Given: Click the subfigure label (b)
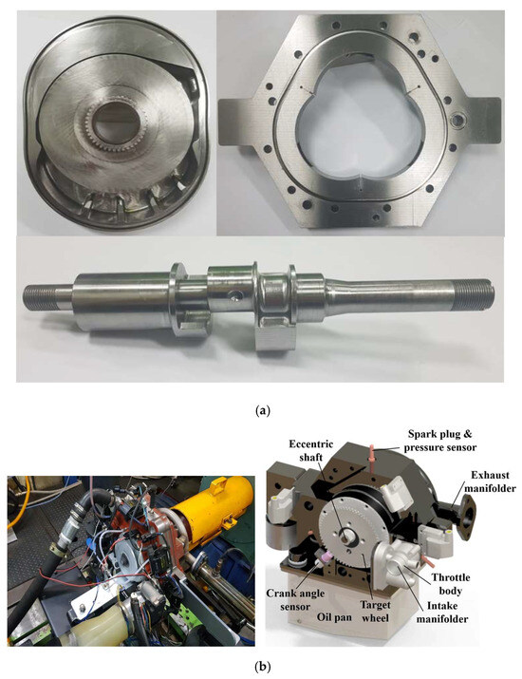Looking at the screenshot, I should pyautogui.click(x=260, y=666).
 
